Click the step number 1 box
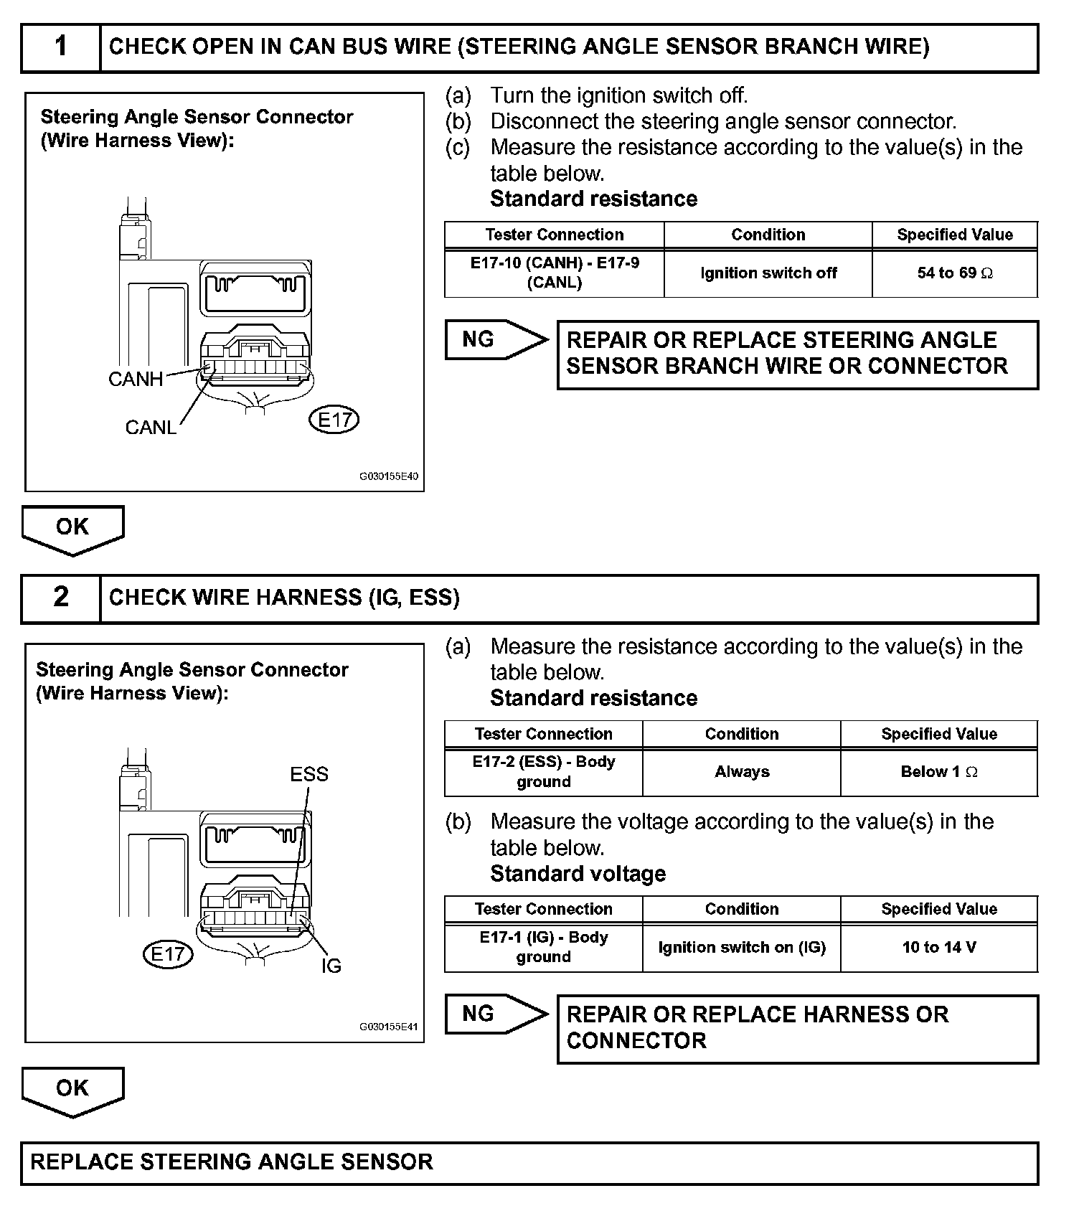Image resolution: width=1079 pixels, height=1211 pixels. (61, 47)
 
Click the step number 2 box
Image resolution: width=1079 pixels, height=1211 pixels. (61, 598)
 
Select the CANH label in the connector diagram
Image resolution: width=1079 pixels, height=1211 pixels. (136, 379)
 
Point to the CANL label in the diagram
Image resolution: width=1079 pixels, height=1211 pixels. (151, 428)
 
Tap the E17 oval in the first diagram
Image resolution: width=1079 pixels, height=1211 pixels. (334, 420)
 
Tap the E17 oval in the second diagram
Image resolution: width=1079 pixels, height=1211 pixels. (168, 953)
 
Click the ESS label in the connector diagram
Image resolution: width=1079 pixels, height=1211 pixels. (309, 774)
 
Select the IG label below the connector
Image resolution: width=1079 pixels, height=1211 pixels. (331, 966)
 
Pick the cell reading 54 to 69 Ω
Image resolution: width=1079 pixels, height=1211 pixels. (954, 273)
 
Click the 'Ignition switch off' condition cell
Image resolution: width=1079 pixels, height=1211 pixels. (768, 273)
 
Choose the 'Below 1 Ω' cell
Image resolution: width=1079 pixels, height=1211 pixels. (938, 772)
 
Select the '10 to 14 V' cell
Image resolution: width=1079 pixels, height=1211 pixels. (938, 947)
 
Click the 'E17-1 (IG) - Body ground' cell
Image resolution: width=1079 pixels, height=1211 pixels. (543, 947)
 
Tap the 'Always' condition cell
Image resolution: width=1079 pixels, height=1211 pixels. (741, 772)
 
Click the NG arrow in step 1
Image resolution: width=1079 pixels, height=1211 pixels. (494, 339)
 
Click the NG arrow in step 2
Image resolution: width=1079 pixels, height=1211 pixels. (494, 1014)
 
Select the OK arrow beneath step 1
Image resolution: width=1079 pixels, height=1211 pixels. (72, 529)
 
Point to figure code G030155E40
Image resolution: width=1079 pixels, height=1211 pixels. (389, 476)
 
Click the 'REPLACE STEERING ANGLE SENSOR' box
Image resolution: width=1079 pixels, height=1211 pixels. (529, 1162)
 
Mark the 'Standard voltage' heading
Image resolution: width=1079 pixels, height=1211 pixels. (578, 874)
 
